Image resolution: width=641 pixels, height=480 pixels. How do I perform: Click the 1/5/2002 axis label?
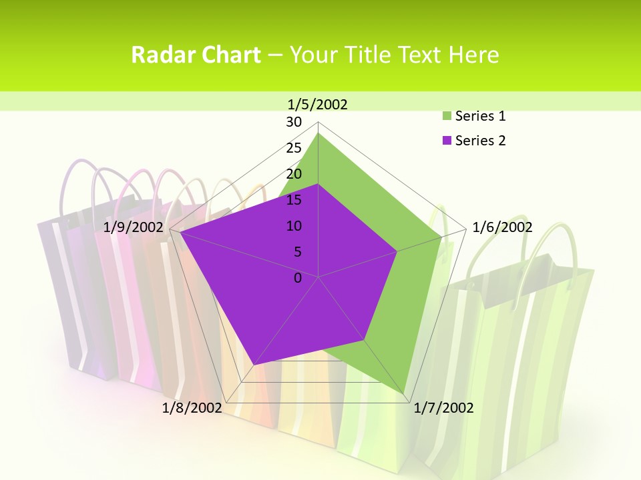pos(318,104)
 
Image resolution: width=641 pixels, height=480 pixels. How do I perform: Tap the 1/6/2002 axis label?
pos(502,227)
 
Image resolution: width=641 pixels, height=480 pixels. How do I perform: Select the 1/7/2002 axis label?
pos(443,408)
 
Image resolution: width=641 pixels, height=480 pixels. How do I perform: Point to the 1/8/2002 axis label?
pos(192,408)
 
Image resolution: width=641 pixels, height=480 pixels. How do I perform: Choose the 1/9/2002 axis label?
pos(134,227)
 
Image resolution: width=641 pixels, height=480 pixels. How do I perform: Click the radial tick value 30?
pos(294,122)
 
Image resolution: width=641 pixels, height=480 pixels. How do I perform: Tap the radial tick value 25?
pos(294,148)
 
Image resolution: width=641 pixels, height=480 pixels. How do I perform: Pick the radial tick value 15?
pos(294,200)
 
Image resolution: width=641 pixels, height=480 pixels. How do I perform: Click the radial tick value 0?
pos(298,278)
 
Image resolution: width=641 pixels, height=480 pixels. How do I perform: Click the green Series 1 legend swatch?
pos(447,116)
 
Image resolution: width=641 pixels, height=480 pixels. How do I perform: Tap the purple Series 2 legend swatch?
pos(447,141)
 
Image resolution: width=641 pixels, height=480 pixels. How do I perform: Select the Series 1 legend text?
pos(480,116)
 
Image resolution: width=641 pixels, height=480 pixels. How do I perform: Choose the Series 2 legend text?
pos(480,141)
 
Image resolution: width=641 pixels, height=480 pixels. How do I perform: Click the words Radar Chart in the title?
pos(196,55)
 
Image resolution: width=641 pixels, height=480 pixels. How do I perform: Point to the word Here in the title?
pos(474,55)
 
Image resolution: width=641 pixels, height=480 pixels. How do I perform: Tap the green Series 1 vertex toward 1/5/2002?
pos(318,133)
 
